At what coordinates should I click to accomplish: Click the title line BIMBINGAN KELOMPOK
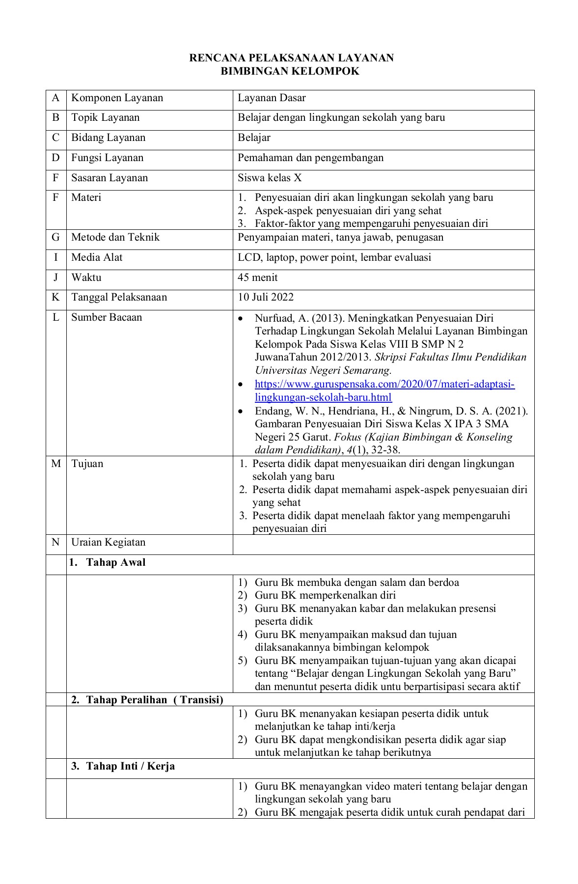290,71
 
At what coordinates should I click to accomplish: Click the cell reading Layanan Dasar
272,98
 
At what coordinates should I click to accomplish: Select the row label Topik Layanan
105,117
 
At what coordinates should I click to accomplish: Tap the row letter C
55,138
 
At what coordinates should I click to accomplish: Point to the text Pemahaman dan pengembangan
310,158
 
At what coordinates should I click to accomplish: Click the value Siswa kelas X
270,178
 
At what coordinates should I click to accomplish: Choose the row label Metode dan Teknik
115,237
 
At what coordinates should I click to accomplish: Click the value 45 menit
257,277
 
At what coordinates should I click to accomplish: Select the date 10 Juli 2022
265,297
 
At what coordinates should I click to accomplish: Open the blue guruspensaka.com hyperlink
384,384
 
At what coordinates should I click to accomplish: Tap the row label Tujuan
87,464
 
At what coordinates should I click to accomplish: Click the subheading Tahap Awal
115,563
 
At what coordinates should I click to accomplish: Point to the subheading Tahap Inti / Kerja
130,766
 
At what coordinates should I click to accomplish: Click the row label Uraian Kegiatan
108,542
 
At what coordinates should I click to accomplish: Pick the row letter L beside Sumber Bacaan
55,317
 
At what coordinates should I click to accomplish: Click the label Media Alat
97,257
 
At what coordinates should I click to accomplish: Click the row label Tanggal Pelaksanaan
119,297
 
